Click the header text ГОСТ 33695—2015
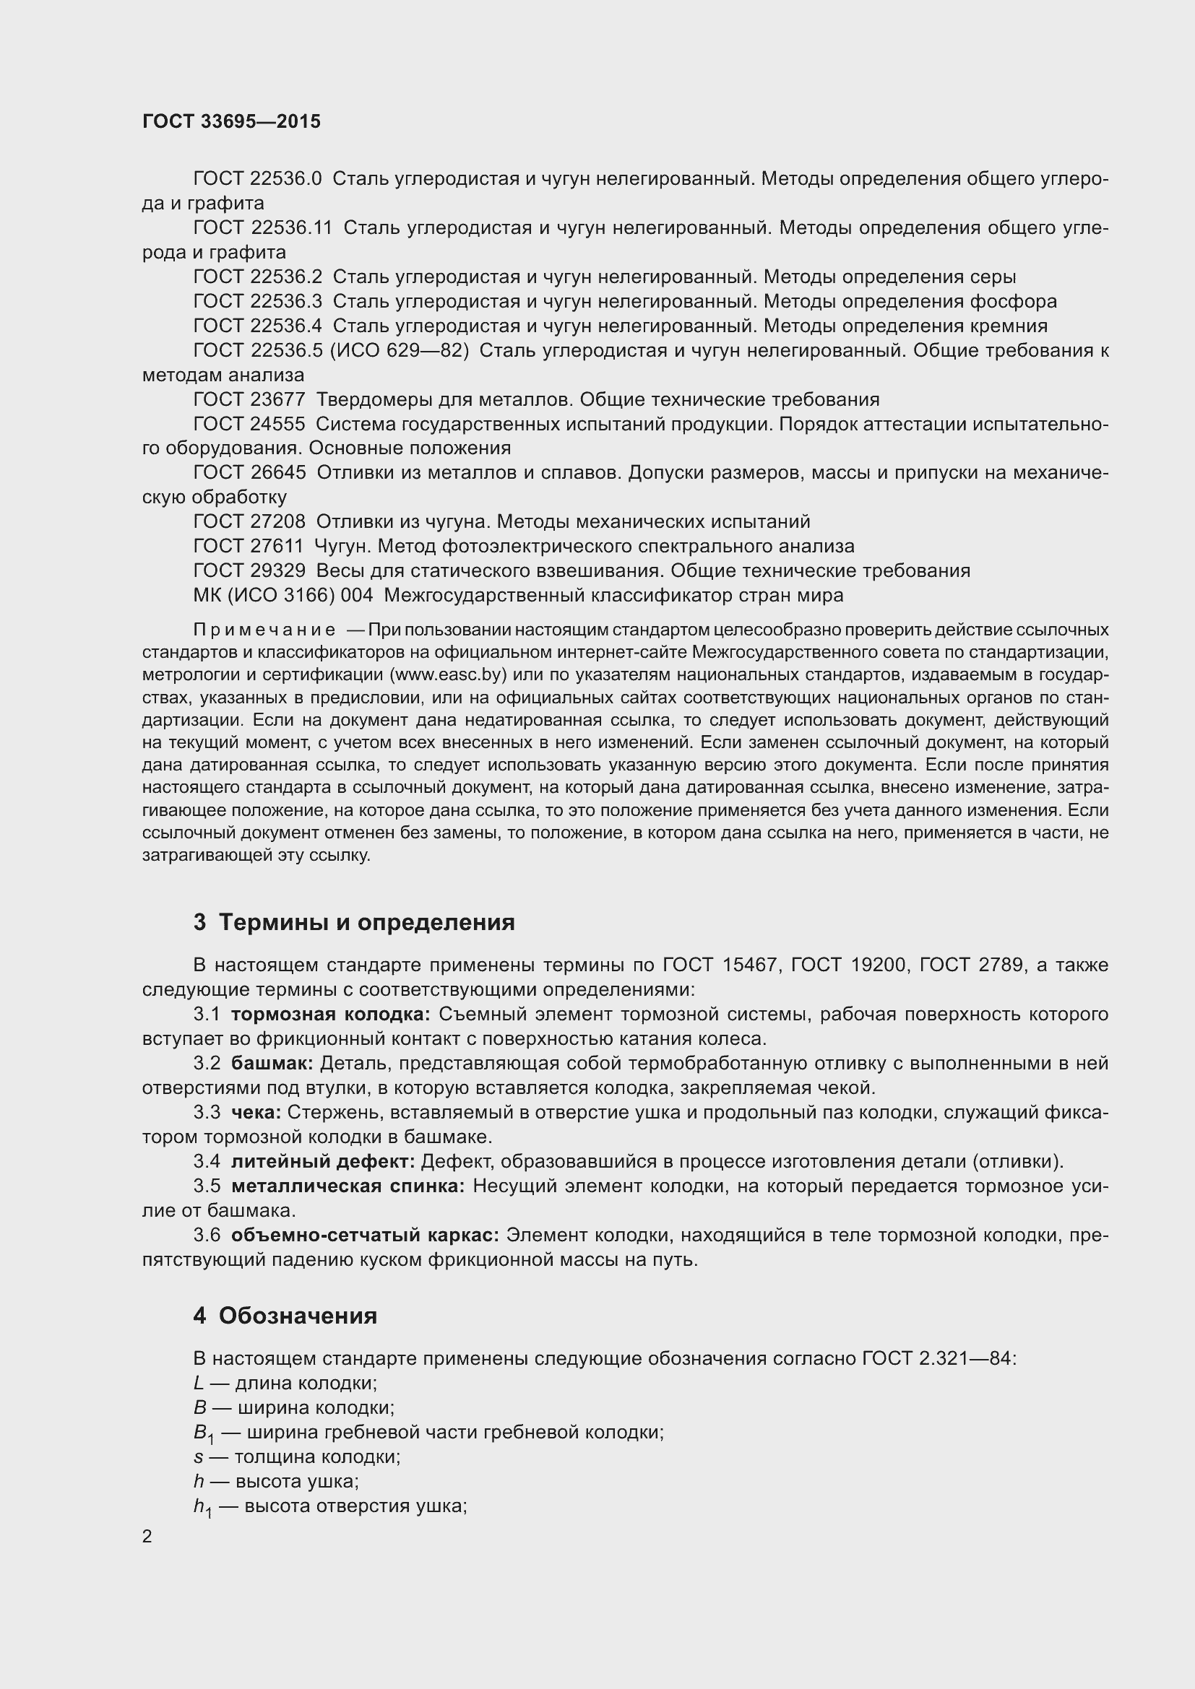[231, 122]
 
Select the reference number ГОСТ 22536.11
[263, 228]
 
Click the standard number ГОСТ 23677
[249, 399]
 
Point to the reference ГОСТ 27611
[248, 546]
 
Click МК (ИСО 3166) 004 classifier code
[282, 595]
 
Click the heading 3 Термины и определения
[354, 922]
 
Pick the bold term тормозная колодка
[330, 1015]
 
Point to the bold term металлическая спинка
[348, 1186]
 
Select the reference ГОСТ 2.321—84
[938, 1359]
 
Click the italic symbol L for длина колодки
[198, 1384]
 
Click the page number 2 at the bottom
[147, 1537]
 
